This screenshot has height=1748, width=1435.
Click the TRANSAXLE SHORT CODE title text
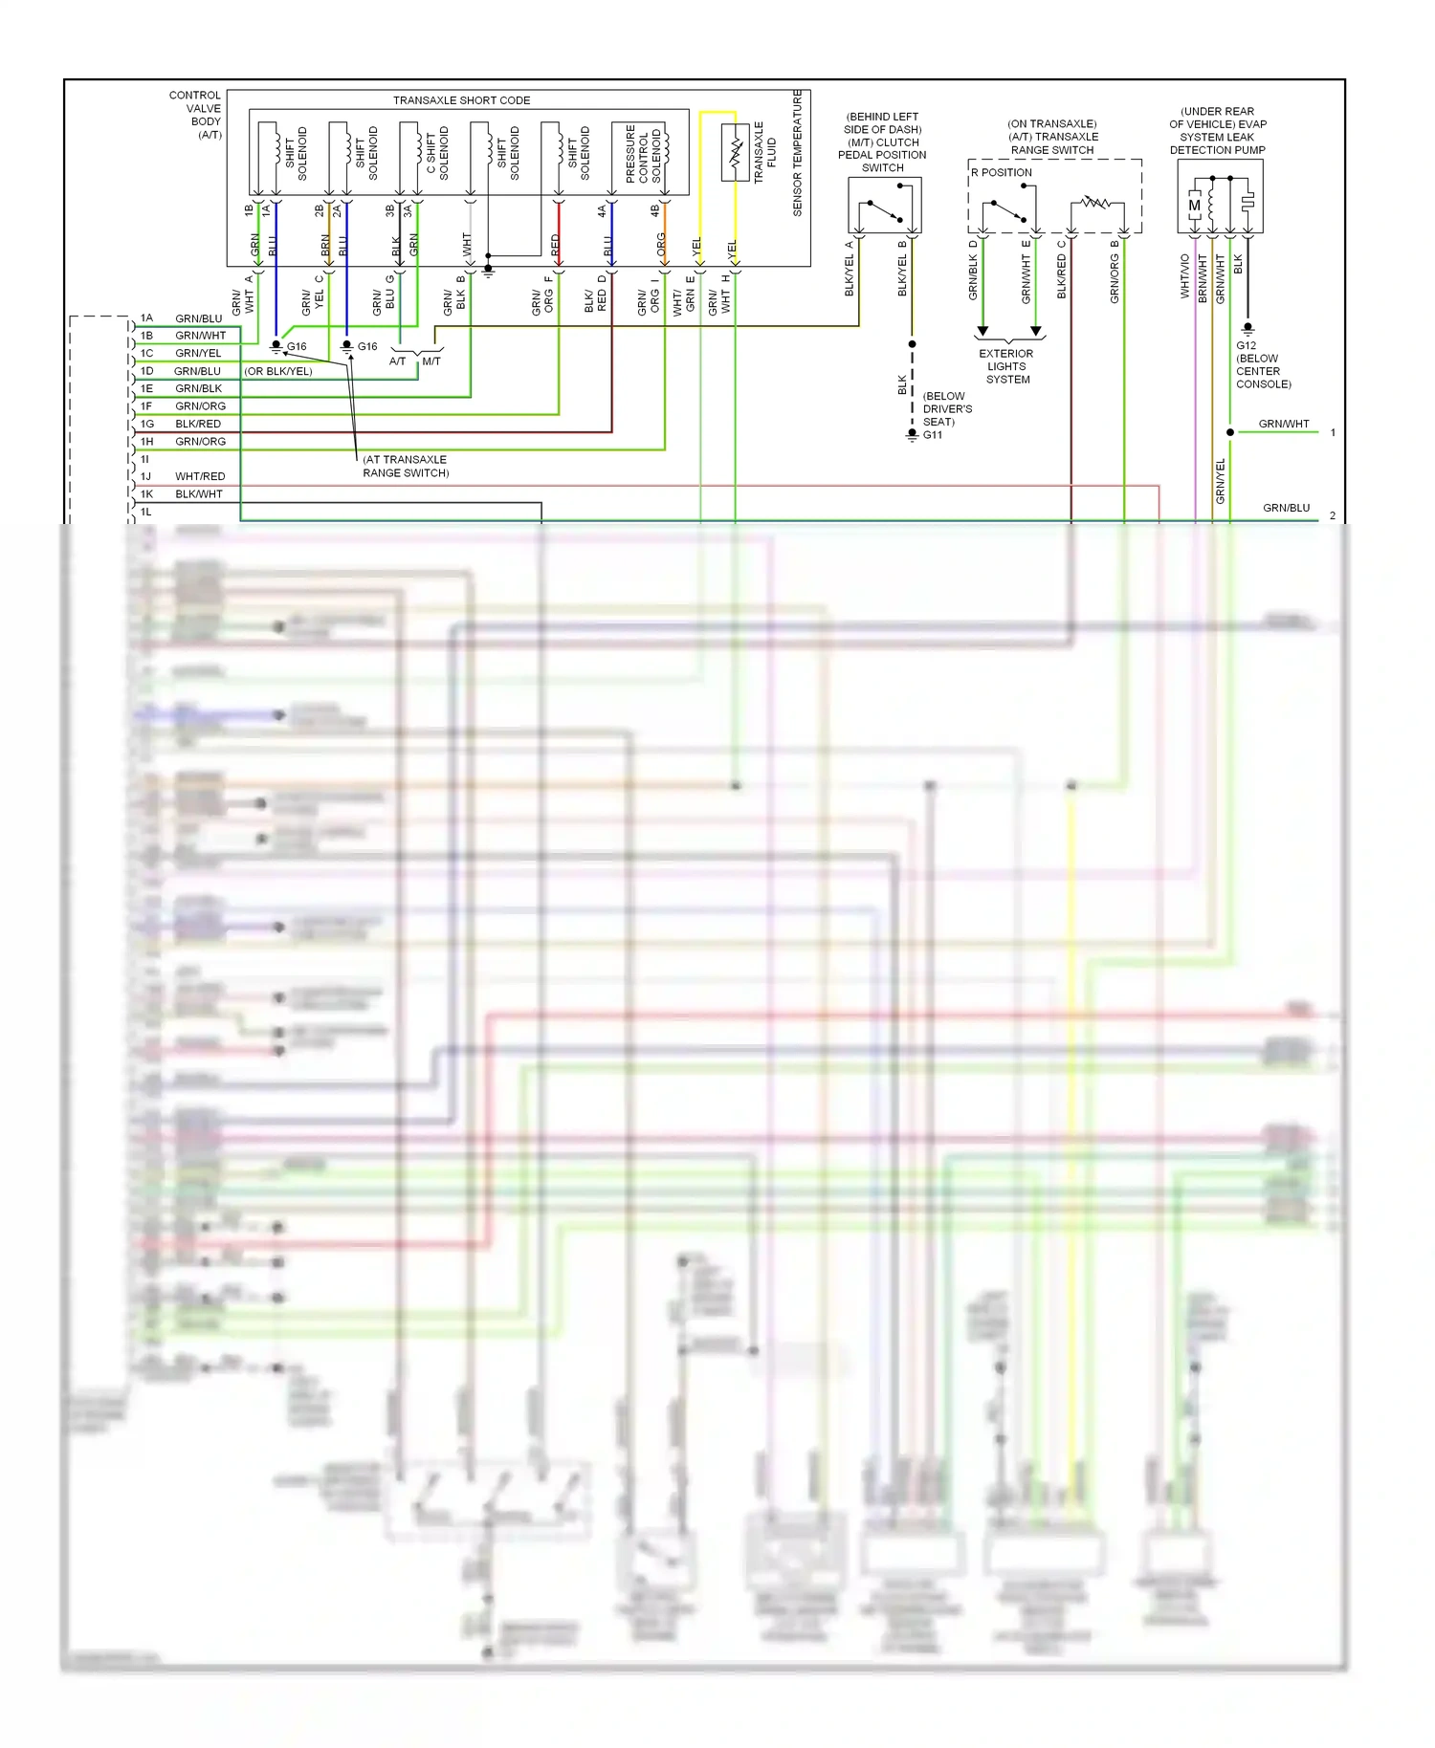pyautogui.click(x=461, y=100)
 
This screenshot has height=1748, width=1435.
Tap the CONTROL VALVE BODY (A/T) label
pyautogui.click(x=195, y=115)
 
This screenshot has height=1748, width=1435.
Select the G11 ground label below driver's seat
pyautogui.click(x=932, y=435)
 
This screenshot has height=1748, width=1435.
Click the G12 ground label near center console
pyautogui.click(x=1246, y=346)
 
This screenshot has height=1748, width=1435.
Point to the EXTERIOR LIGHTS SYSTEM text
pyautogui.click(x=1006, y=366)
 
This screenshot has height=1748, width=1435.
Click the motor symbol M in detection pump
pyautogui.click(x=1194, y=206)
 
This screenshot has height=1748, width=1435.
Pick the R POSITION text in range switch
pyautogui.click(x=1002, y=173)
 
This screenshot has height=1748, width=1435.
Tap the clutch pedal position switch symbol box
pyautogui.click(x=884, y=205)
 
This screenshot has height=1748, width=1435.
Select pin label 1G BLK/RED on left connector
pyautogui.click(x=182, y=424)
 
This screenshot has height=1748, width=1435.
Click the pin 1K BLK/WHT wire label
pyautogui.click(x=182, y=494)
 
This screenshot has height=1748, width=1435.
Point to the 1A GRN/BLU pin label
pyautogui.click(x=182, y=318)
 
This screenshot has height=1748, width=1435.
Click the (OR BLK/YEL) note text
pyautogui.click(x=278, y=371)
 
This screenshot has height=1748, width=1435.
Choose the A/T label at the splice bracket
pyautogui.click(x=398, y=361)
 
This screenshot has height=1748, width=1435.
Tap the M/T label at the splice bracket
pyautogui.click(x=431, y=361)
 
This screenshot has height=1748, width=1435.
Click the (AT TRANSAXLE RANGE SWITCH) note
pyautogui.click(x=405, y=467)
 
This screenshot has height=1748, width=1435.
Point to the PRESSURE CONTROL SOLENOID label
pyautogui.click(x=643, y=153)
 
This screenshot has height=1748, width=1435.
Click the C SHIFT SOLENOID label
pyautogui.click(x=437, y=153)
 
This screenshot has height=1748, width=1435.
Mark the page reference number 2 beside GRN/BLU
pyautogui.click(x=1332, y=515)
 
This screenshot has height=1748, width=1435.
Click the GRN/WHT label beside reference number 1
pyautogui.click(x=1283, y=424)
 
